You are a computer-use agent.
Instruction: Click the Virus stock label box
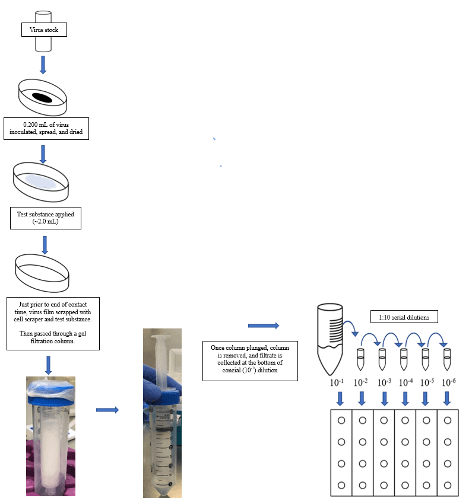(x=44, y=30)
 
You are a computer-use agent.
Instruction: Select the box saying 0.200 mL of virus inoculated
(x=46, y=129)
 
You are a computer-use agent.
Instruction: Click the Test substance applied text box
(x=46, y=218)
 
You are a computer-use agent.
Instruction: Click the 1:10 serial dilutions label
(x=404, y=317)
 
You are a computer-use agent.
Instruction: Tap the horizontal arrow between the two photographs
(x=107, y=410)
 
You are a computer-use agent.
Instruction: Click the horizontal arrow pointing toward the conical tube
(x=262, y=325)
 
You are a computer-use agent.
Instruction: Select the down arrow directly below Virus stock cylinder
(x=43, y=64)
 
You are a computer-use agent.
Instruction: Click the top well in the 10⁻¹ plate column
(x=341, y=421)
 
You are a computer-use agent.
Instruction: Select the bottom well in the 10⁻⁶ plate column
(x=448, y=485)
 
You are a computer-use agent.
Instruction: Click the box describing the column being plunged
(x=250, y=360)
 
